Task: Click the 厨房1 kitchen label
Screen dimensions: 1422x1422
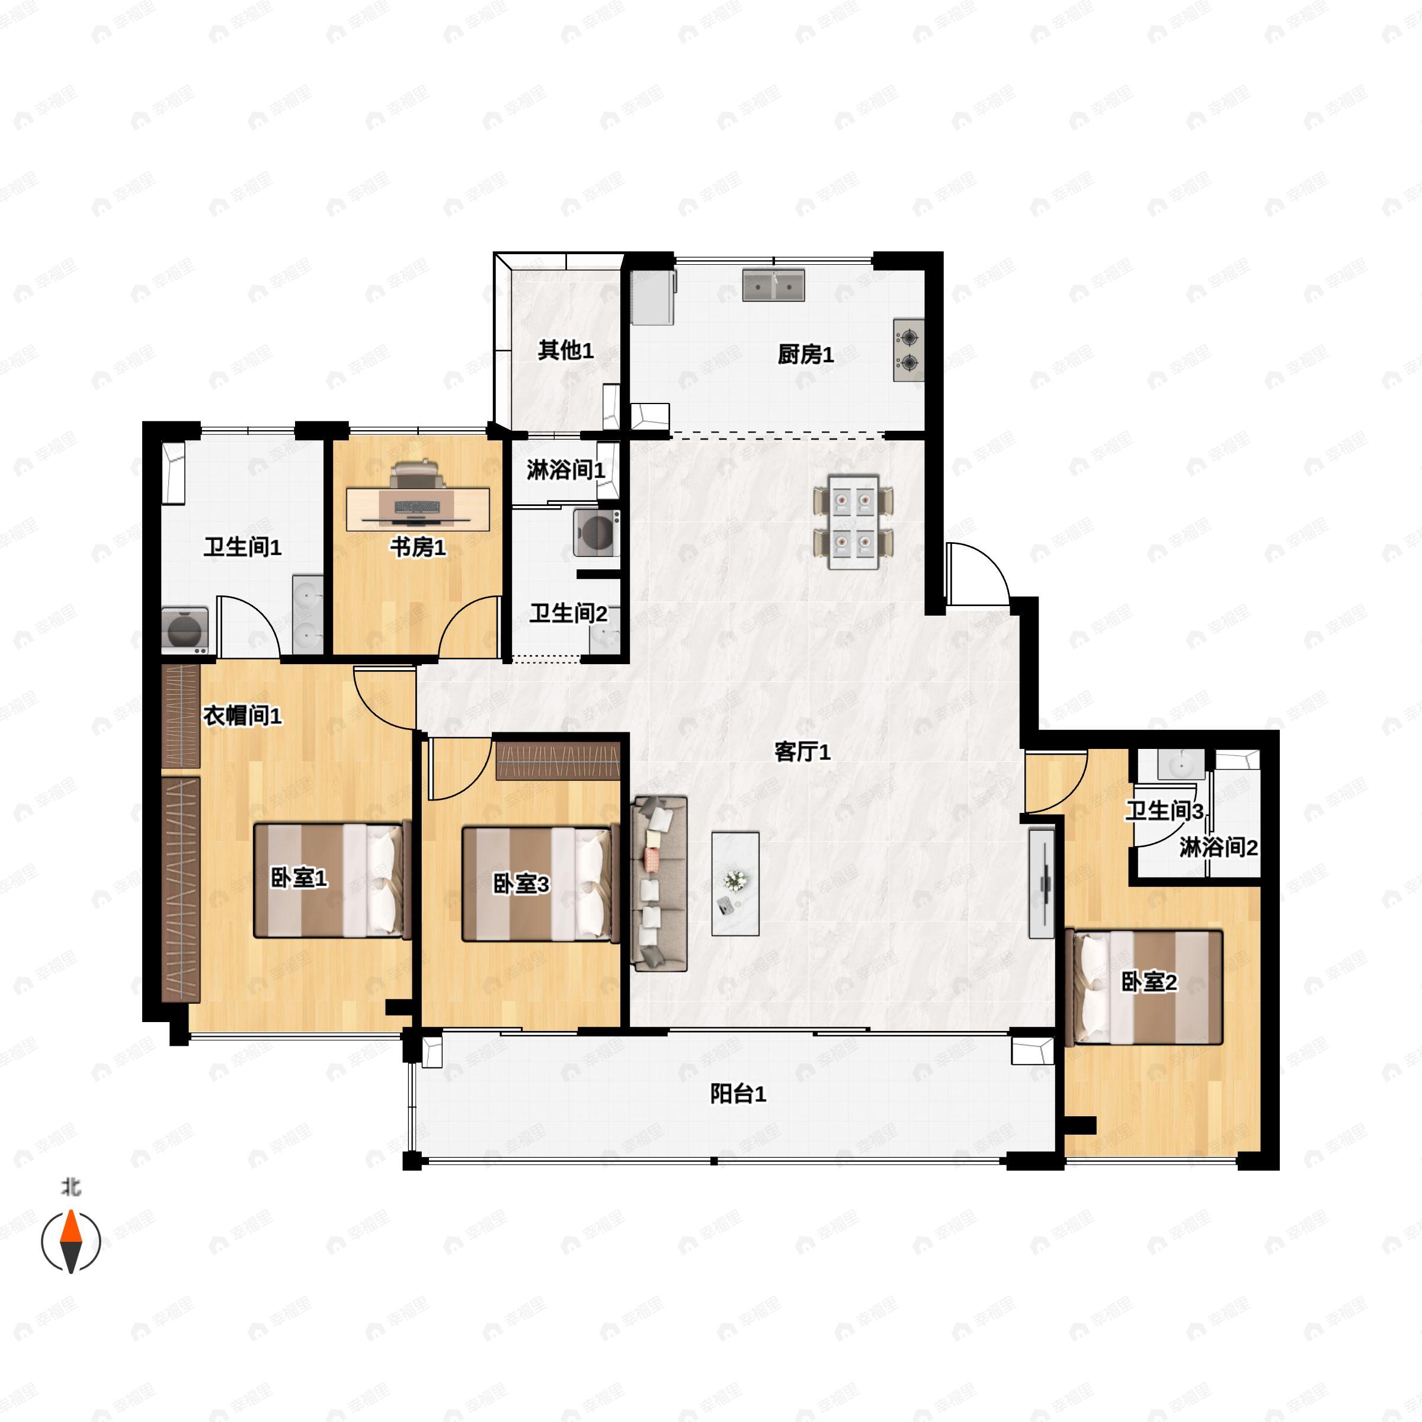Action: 805,355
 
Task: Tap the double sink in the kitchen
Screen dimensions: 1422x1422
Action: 773,286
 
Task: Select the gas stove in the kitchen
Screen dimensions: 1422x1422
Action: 908,350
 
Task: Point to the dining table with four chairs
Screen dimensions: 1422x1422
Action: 853,522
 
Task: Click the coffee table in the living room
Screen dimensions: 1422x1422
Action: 735,883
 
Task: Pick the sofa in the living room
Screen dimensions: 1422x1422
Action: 659,883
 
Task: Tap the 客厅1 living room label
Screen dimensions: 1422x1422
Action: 802,751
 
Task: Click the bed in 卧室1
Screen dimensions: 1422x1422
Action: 332,881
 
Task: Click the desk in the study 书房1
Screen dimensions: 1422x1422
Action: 418,508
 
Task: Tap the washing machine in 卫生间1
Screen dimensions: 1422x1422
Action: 184,631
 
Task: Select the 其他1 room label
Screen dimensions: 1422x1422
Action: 565,350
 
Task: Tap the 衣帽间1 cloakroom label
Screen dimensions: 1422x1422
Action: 242,715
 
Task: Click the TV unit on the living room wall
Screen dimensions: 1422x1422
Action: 1042,883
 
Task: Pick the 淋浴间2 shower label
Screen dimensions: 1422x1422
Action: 1218,848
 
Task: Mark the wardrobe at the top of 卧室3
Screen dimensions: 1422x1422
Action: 558,760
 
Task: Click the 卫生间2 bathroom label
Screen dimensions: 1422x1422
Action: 568,613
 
